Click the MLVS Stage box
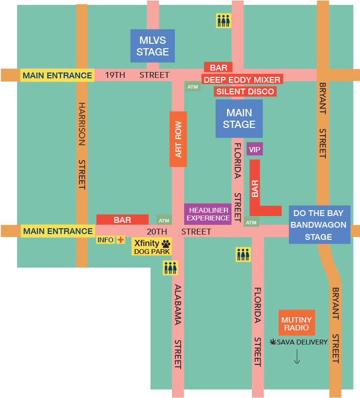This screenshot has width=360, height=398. pyautogui.click(x=152, y=46)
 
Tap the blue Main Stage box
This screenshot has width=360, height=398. pyautogui.click(x=239, y=119)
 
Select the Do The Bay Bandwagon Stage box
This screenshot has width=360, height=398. pyautogui.click(x=319, y=225)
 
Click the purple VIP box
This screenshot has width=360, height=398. pyautogui.click(x=255, y=149)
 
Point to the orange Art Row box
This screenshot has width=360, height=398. pyautogui.click(x=178, y=139)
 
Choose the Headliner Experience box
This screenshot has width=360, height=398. pyautogui.click(x=208, y=214)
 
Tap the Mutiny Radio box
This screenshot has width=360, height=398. pyautogui.click(x=297, y=323)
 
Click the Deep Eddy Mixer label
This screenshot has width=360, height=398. pyautogui.click(x=242, y=79)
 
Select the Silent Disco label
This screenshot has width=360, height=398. pyautogui.click(x=246, y=91)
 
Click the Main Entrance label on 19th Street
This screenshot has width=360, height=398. pyautogui.click(x=57, y=75)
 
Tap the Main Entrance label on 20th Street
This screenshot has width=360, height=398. pyautogui.click(x=57, y=231)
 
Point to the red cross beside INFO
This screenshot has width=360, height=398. pyautogui.click(x=120, y=240)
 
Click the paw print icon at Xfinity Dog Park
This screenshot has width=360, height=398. pyautogui.click(x=166, y=243)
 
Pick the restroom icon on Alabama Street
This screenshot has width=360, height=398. pyautogui.click(x=170, y=268)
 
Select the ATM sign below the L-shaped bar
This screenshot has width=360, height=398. pyautogui.click(x=251, y=222)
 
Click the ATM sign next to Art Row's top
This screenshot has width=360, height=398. pyautogui.click(x=193, y=87)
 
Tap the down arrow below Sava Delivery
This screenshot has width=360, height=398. pyautogui.click(x=297, y=357)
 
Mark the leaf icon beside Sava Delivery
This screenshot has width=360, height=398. pyautogui.click(x=273, y=342)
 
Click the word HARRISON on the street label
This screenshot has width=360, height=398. pyautogui.click(x=82, y=124)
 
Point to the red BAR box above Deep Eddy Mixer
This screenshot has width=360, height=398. pyautogui.click(x=218, y=68)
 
